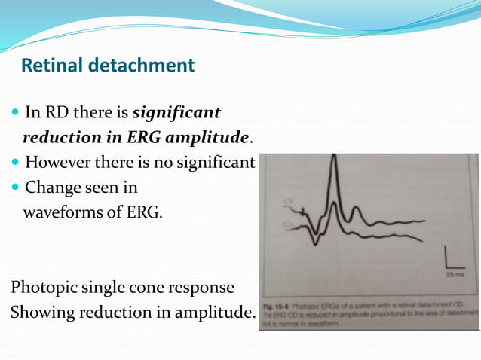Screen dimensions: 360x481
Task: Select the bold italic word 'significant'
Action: click(177, 113)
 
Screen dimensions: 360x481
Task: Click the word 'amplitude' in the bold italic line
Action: click(210, 138)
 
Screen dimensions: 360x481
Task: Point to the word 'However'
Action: click(59, 162)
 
